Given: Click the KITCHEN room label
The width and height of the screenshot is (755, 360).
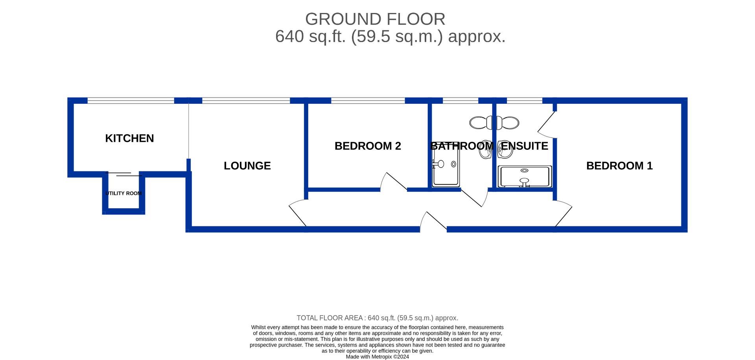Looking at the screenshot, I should (x=129, y=138).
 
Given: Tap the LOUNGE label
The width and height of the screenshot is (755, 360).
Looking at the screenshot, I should (x=247, y=166).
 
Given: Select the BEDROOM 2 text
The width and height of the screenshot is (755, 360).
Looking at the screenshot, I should (x=368, y=146).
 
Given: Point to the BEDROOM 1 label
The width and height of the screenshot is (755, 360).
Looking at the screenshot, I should (x=619, y=166).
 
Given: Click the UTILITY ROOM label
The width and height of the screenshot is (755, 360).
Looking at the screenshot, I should (x=123, y=193).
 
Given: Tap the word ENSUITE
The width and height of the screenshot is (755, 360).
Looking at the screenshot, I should (x=524, y=146).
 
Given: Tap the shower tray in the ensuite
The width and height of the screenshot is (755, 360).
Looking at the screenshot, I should (x=525, y=177).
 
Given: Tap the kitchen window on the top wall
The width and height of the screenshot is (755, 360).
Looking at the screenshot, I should (x=131, y=101).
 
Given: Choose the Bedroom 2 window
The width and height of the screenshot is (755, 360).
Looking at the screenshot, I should (x=368, y=101).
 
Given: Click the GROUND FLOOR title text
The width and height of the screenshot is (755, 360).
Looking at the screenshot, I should (x=375, y=19).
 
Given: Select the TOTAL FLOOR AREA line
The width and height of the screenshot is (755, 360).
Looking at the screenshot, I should (x=377, y=318).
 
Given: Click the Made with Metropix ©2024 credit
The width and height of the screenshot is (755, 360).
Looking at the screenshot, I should (x=377, y=357).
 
